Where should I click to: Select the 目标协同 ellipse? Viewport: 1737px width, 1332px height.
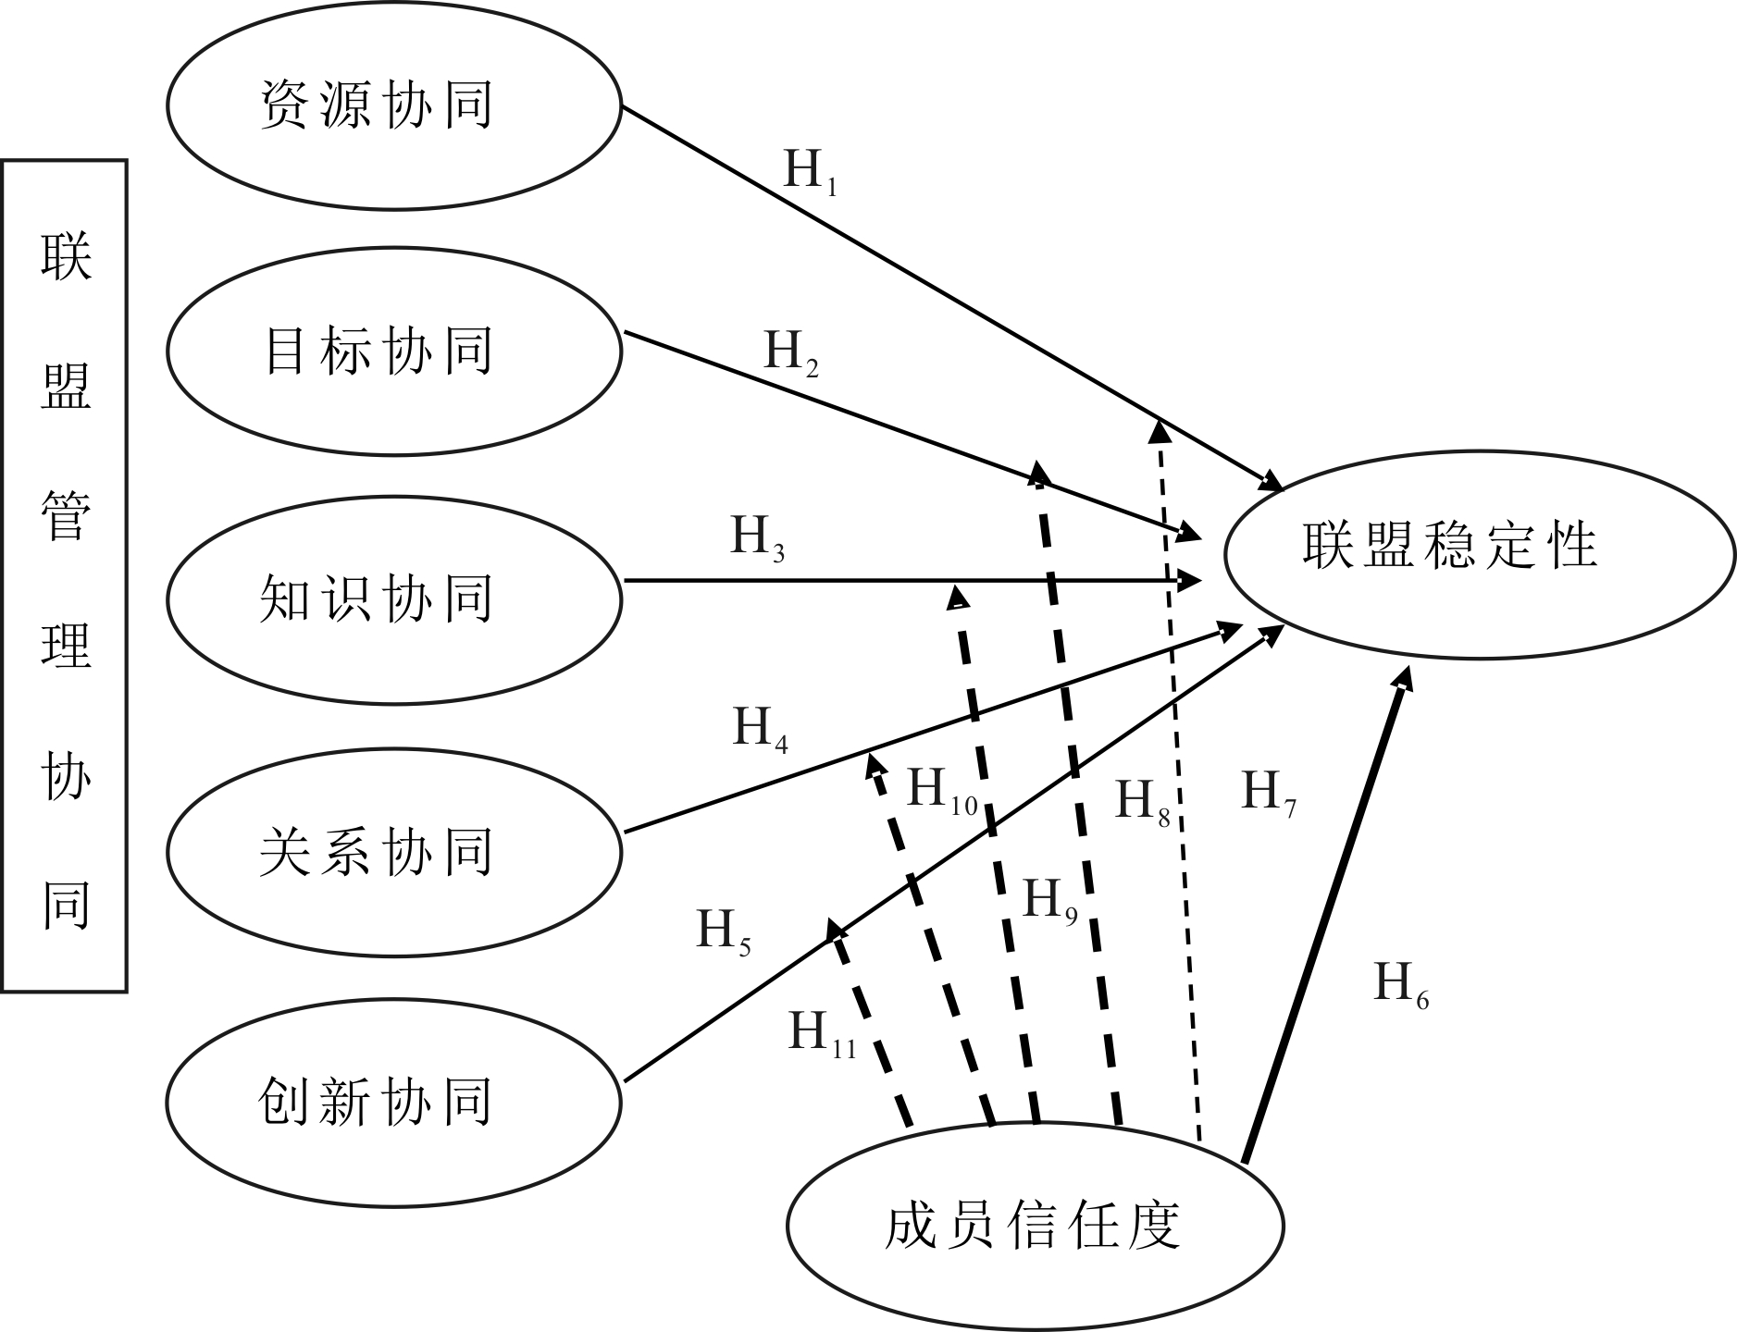point(393,351)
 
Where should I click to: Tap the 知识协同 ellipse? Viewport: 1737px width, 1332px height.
point(393,599)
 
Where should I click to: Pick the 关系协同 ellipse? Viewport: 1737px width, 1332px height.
point(393,851)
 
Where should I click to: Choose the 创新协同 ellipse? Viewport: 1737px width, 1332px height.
point(393,1101)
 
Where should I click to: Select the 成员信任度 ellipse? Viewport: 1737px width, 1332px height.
point(1035,1227)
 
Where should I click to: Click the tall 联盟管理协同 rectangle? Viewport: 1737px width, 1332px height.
point(65,575)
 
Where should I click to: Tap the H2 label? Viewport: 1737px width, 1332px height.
point(790,354)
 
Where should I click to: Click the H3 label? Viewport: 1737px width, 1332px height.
point(757,539)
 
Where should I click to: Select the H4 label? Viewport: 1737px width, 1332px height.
point(760,730)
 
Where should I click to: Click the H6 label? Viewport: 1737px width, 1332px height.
point(1400,986)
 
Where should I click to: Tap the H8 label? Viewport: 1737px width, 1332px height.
point(1142,802)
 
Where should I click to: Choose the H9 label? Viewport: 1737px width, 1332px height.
point(1049,902)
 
